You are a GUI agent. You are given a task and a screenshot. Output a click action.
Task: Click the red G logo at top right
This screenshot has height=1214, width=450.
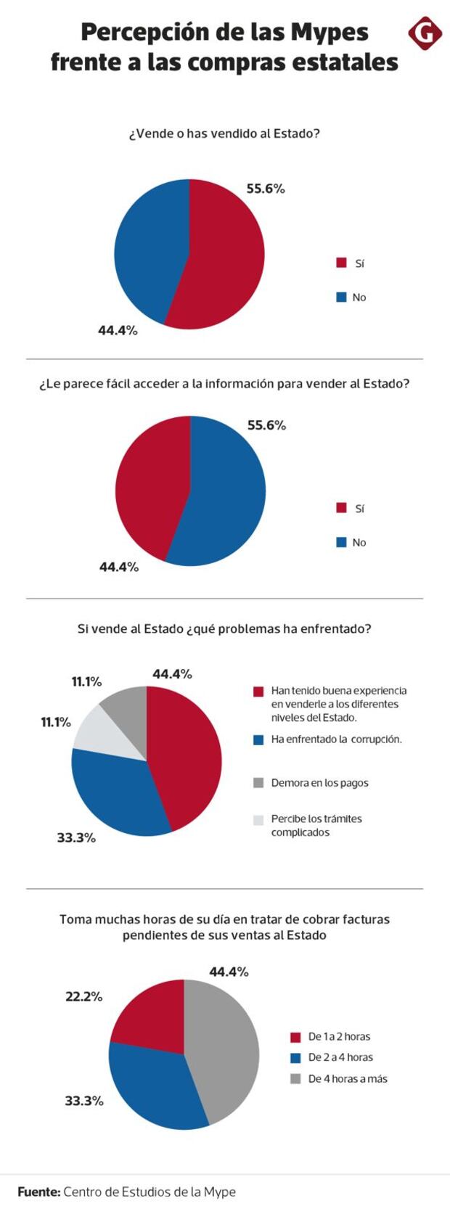(x=425, y=33)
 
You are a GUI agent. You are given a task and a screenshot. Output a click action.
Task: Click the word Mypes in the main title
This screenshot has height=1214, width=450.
(x=330, y=33)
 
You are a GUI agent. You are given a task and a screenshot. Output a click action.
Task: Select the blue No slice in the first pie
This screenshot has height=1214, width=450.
(x=145, y=247)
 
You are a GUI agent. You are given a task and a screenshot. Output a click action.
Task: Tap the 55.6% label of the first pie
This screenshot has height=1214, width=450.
(x=266, y=189)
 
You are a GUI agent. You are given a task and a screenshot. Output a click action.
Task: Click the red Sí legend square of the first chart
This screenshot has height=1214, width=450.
(x=341, y=263)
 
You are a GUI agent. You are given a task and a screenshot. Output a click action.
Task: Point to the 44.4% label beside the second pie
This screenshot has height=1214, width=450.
(x=119, y=567)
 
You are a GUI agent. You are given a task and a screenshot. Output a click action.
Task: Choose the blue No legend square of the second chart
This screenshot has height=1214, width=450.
(x=341, y=542)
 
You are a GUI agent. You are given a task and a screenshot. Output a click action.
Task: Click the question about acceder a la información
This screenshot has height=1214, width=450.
(x=224, y=383)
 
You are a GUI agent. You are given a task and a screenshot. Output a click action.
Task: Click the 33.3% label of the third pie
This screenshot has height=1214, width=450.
(x=76, y=837)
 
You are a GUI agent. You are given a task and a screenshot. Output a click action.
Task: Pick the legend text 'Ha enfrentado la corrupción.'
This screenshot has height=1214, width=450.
(x=336, y=739)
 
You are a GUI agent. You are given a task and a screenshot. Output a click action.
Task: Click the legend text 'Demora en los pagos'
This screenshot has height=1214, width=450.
(x=319, y=783)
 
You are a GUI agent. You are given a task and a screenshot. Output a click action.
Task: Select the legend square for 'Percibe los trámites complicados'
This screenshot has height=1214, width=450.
(x=258, y=820)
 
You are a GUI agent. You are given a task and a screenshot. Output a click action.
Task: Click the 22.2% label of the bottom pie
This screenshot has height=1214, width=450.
(x=84, y=996)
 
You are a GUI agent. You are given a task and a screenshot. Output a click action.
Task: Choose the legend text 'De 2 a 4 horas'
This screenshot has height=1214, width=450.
(x=340, y=1057)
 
